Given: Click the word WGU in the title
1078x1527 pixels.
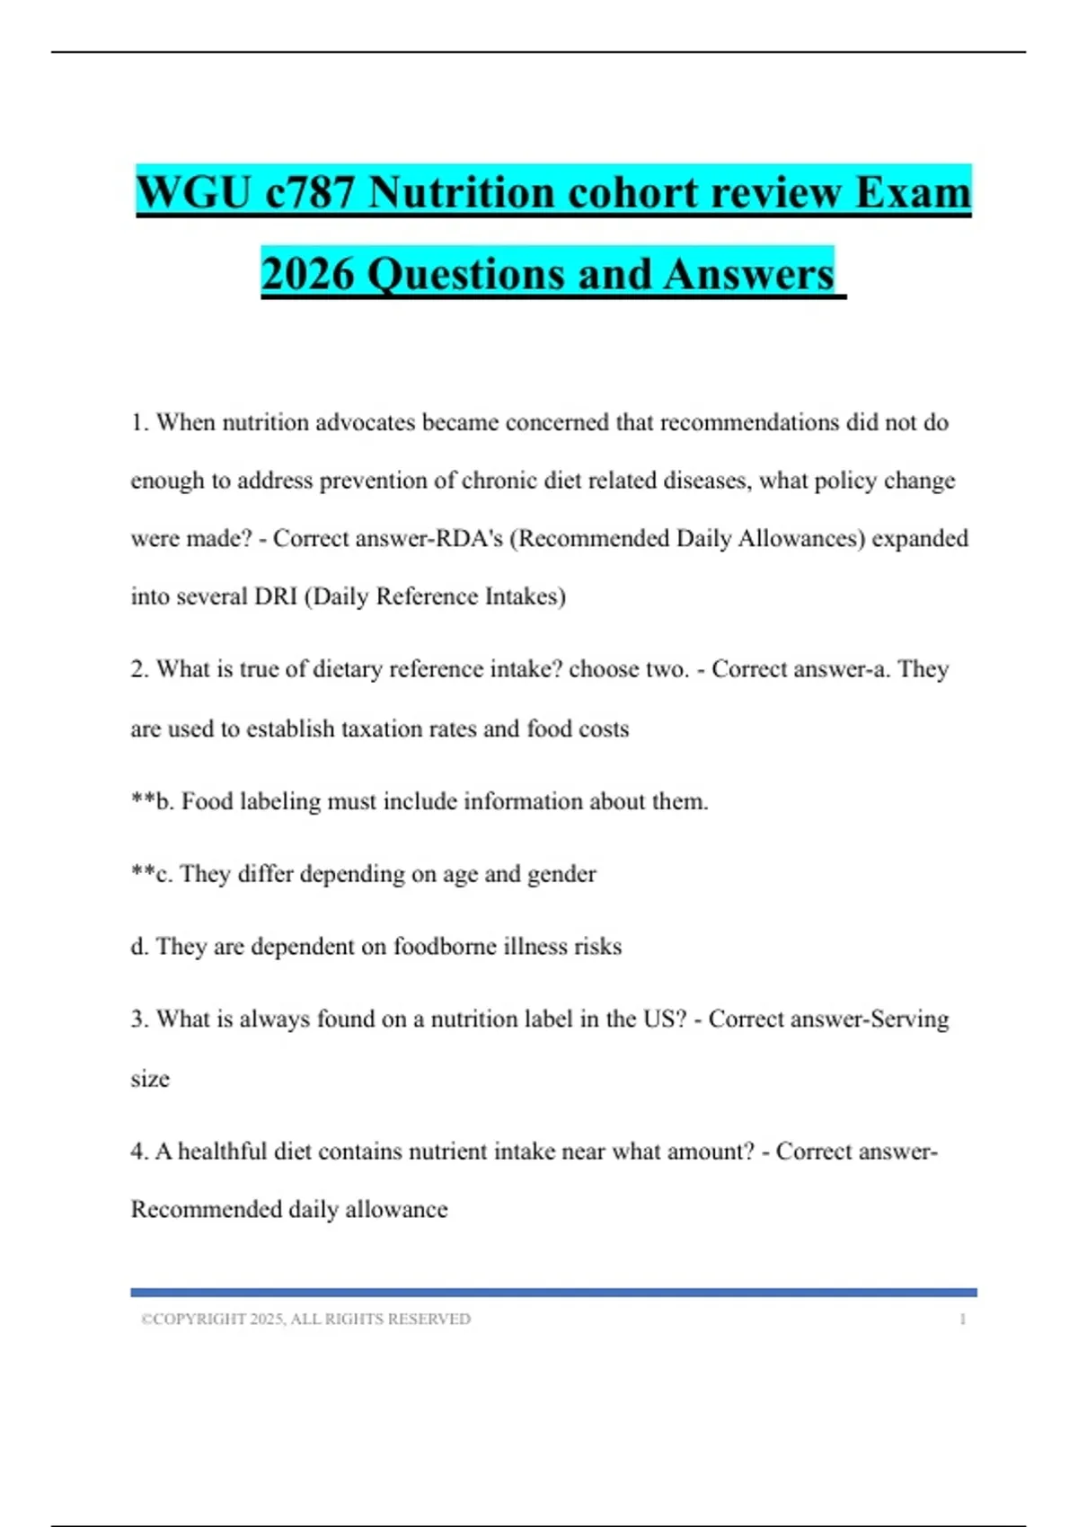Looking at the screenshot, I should point(193,192).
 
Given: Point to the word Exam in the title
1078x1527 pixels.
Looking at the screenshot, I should point(913,192).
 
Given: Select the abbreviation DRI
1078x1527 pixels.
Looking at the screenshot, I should point(276,596).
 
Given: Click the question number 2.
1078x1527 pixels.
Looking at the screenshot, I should point(138,669).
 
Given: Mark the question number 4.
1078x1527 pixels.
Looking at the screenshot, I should point(137,1152).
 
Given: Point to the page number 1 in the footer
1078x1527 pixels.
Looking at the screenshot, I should point(962,1320).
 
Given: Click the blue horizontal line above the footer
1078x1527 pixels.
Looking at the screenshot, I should point(553,1293).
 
